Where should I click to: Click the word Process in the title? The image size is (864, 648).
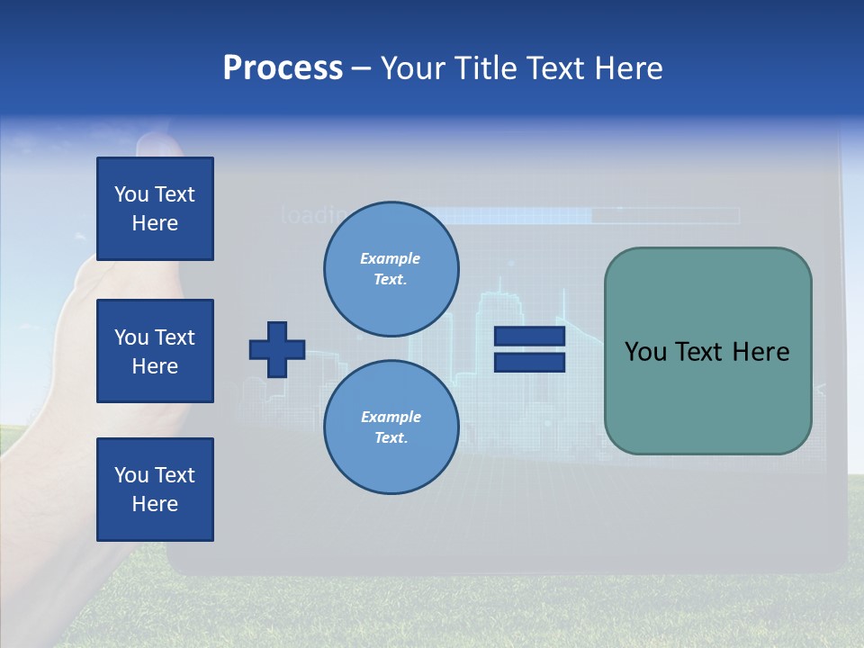point(283,68)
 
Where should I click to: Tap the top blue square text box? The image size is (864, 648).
point(155,209)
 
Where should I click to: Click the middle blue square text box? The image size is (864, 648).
point(155,351)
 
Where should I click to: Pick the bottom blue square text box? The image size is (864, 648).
point(155,489)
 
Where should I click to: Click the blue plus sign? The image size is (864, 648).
point(277,349)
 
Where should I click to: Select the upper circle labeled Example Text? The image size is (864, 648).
point(391,269)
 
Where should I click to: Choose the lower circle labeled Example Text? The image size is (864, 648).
point(391,427)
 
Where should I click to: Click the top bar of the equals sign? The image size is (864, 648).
point(530,336)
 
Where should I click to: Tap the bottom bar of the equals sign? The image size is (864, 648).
point(530,362)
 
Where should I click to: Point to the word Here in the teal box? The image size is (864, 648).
point(760,352)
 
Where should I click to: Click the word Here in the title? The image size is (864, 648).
point(629,68)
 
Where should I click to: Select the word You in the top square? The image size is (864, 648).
point(130,194)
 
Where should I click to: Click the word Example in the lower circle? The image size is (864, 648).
point(391,417)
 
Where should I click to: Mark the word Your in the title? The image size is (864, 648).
point(413,68)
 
